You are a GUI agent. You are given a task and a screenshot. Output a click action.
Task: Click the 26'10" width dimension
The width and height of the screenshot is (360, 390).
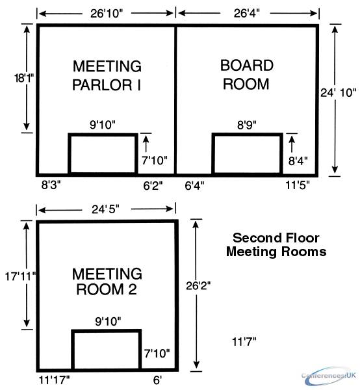pyautogui.click(x=107, y=14)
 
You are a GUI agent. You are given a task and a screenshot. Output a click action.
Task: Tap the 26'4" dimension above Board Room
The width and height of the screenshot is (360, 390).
pyautogui.click(x=246, y=13)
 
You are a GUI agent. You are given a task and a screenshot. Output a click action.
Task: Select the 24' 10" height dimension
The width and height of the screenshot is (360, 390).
pyautogui.click(x=338, y=93)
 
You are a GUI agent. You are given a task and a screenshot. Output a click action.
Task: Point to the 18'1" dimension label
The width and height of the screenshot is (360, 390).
pyautogui.click(x=23, y=78)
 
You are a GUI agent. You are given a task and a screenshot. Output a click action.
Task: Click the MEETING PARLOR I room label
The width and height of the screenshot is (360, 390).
pyautogui.click(x=107, y=75)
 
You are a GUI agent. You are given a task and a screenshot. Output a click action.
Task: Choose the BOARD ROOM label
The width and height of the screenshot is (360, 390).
pyautogui.click(x=247, y=75)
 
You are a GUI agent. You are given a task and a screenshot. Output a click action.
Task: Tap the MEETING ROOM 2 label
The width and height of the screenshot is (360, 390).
pyautogui.click(x=107, y=281)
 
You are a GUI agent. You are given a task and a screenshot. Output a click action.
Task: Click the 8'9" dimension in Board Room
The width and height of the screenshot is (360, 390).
pyautogui.click(x=247, y=125)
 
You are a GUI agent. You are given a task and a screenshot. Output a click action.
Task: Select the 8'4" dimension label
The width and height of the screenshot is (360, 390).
pyautogui.click(x=298, y=161)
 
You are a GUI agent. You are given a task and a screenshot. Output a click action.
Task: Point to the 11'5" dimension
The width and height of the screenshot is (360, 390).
pyautogui.click(x=298, y=185)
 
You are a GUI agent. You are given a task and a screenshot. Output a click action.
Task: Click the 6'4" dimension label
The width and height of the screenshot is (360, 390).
pyautogui.click(x=194, y=185)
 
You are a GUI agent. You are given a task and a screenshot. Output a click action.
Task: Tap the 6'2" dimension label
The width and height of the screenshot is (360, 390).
pyautogui.click(x=153, y=185)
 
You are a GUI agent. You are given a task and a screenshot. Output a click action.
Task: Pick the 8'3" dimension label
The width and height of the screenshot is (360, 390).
pyautogui.click(x=51, y=185)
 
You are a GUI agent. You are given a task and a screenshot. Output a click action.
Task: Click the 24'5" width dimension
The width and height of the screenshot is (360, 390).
pyautogui.click(x=105, y=209)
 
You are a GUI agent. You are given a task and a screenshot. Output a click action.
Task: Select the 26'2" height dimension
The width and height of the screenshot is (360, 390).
pyautogui.click(x=198, y=286)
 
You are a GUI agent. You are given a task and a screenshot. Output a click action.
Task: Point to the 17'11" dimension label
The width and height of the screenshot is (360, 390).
pyautogui.click(x=21, y=276)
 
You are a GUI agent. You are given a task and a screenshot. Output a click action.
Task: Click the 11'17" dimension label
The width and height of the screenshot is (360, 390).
pyautogui.click(x=54, y=380)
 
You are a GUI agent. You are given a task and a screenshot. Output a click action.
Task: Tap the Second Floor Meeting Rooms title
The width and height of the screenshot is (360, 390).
pyautogui.click(x=276, y=245)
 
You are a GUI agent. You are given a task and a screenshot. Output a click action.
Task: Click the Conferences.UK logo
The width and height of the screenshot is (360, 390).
pyautogui.click(x=329, y=376)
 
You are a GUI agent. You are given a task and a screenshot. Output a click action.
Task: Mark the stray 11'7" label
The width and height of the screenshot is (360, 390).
pyautogui.click(x=244, y=342)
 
